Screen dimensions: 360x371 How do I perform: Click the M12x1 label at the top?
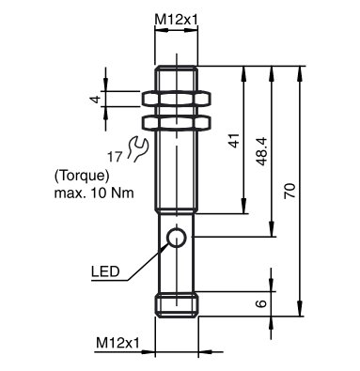click(x=176, y=20)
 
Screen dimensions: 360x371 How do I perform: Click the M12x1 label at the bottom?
click(x=117, y=343)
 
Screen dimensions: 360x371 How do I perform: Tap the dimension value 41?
click(x=234, y=140)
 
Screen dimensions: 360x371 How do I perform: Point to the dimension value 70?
click(x=290, y=191)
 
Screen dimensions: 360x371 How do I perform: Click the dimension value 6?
click(x=261, y=303)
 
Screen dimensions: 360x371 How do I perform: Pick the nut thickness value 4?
click(x=96, y=100)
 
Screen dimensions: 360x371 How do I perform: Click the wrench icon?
click(x=137, y=148)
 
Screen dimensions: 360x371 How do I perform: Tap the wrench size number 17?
click(x=115, y=157)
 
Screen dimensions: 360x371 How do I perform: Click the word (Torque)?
click(x=82, y=177)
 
